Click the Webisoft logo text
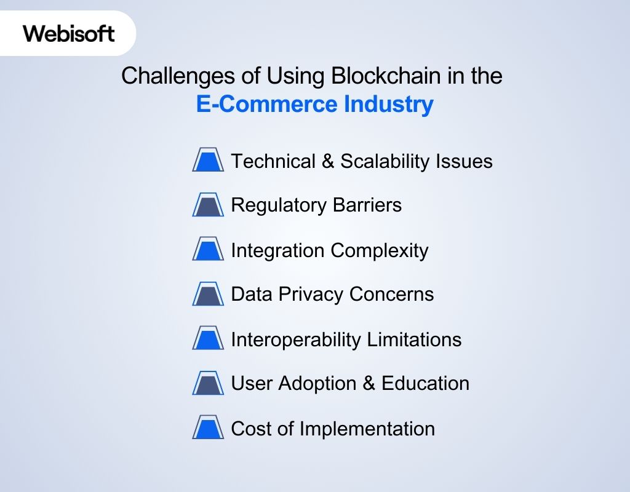pos(69,33)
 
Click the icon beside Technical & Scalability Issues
pos(208,161)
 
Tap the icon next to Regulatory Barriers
pos(208,205)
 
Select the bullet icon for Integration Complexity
pos(208,250)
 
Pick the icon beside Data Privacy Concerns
pos(208,294)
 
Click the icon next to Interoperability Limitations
pos(208,339)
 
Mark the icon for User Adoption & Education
pos(208,383)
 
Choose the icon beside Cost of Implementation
pos(208,427)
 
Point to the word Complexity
pos(380,250)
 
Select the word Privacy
pos(311,295)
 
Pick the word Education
pos(426,383)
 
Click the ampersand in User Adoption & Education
pos(369,383)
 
